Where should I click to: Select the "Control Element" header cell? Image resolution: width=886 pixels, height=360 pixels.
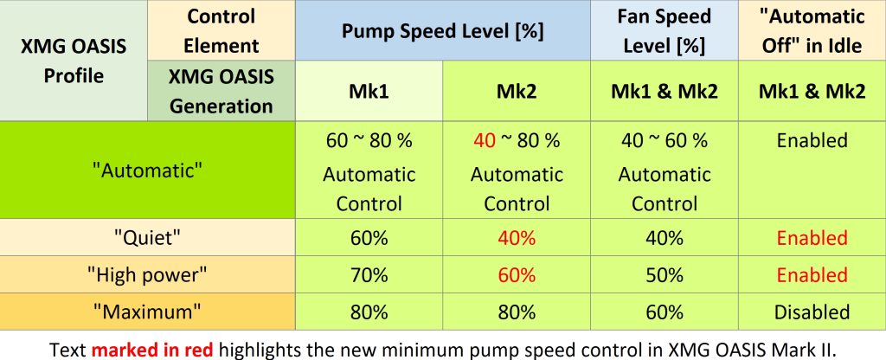[x=221, y=30]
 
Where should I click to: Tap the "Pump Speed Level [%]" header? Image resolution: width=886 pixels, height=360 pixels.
[x=442, y=30]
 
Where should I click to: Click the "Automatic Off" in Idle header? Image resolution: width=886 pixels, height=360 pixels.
[x=811, y=30]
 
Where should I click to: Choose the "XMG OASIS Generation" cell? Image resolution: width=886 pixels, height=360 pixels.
[x=221, y=91]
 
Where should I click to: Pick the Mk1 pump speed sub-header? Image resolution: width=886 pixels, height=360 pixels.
[x=369, y=91]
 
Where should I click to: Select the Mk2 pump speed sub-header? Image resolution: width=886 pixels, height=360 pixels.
[x=516, y=91]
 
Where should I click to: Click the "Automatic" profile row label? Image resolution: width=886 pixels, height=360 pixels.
[x=148, y=170]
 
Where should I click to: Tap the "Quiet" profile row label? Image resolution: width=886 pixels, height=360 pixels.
[x=148, y=238]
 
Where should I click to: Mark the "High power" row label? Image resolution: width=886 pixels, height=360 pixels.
[x=148, y=275]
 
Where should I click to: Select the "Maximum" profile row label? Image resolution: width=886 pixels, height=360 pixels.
[x=148, y=312]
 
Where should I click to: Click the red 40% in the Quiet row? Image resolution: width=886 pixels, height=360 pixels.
[x=516, y=238]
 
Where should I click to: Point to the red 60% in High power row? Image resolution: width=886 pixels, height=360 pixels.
[x=516, y=275]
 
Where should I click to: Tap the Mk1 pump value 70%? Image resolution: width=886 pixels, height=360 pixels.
[x=369, y=275]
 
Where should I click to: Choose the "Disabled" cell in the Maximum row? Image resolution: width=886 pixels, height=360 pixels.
[x=811, y=312]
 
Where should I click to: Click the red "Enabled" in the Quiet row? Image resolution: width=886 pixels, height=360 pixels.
[x=811, y=238]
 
